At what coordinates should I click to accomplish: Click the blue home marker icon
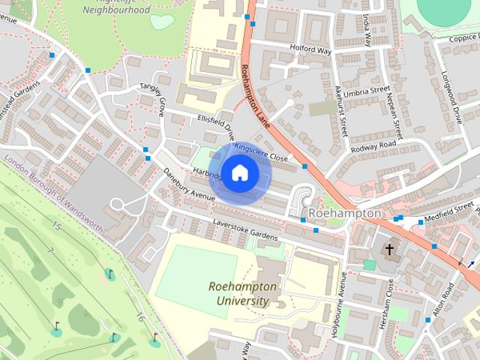click(238, 173)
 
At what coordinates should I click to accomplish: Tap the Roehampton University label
click(242, 294)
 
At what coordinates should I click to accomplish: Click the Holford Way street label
click(310, 50)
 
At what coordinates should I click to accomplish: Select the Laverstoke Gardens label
click(245, 231)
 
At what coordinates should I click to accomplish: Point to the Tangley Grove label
click(151, 98)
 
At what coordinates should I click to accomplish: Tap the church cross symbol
click(389, 249)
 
